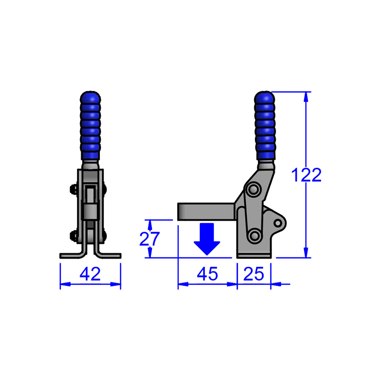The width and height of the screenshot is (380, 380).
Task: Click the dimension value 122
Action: coord(306,175)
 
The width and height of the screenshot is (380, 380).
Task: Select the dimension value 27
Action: coord(150,239)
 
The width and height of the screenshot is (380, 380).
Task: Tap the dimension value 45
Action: coord(208,274)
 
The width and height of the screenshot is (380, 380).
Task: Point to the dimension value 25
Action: coord(254,274)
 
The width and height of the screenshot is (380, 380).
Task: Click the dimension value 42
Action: coord(90,274)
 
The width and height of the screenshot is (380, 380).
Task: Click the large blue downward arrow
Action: coord(207,239)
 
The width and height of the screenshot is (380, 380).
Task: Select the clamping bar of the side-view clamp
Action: coord(205,211)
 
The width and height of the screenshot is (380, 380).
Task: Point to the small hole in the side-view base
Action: coord(279,222)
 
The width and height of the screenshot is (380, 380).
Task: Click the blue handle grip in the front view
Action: coord(90,127)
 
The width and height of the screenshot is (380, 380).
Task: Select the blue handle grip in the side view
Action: coord(265,127)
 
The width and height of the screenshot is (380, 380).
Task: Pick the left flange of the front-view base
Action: coord(70,255)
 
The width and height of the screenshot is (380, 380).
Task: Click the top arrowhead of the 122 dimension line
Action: coord(306,96)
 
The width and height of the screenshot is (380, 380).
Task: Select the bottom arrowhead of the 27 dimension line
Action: coord(150,253)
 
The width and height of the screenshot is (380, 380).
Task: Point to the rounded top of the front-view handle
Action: coord(90,95)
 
